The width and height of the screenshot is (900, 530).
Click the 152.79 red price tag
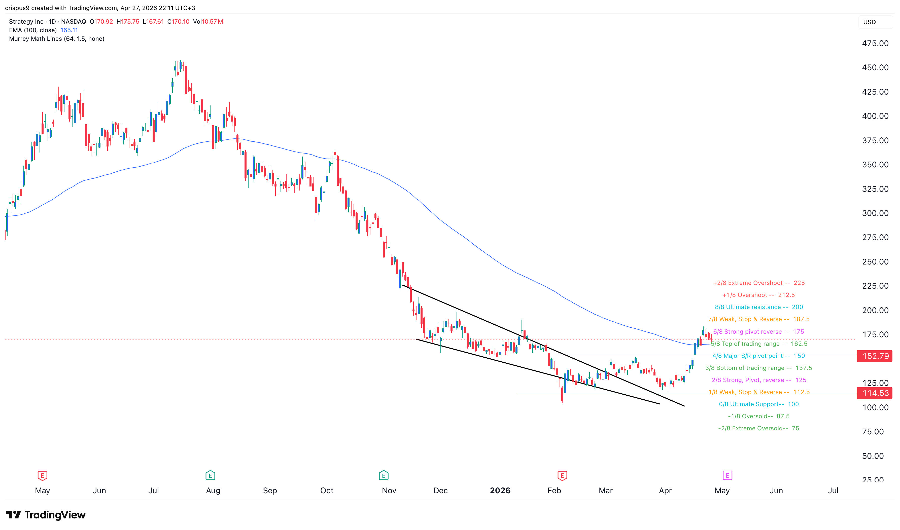click(875, 356)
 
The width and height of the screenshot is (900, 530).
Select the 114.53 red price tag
click(875, 393)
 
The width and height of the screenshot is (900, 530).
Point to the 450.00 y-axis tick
click(875, 67)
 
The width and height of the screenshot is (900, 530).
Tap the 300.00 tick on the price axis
click(875, 213)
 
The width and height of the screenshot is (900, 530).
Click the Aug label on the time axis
click(213, 490)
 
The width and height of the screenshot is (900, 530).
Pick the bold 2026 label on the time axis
click(500, 490)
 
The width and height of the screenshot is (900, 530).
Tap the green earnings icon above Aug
click(210, 475)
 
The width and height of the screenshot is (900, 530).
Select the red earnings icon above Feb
click(562, 475)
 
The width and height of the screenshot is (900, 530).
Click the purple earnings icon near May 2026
click(727, 475)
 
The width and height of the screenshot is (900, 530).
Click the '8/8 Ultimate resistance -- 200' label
click(758, 307)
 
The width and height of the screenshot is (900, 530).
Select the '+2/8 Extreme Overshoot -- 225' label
click(758, 283)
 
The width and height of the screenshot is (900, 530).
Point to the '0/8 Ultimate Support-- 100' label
click(758, 404)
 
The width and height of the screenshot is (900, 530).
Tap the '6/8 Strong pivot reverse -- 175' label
click(758, 332)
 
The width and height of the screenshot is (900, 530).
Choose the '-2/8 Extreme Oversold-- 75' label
click(758, 428)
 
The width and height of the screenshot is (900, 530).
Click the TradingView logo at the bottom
click(46, 515)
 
